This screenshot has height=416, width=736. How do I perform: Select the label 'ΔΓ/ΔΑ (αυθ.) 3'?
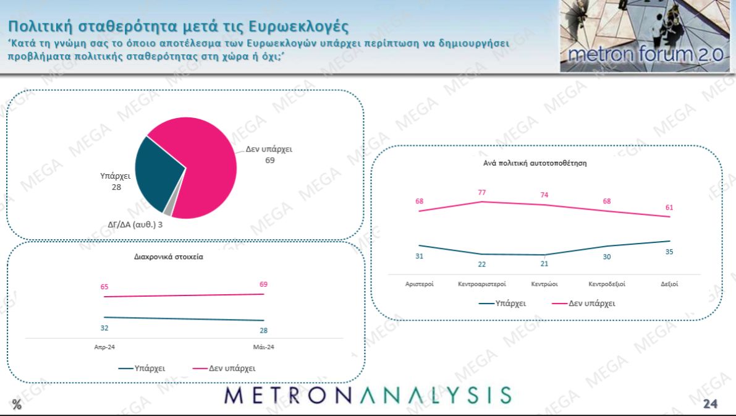pos(135,224)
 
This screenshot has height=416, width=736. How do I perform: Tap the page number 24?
pos(710,404)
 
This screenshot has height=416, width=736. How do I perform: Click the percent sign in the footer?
pos(17,405)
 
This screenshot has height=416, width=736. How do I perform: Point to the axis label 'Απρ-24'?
pos(104,347)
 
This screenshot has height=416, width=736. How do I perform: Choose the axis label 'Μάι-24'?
pos(264,347)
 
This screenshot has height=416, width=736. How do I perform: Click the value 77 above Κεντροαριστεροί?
pos(482,192)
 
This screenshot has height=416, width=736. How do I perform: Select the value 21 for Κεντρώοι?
pos(544,264)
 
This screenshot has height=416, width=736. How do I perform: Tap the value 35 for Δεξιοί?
pos(669,252)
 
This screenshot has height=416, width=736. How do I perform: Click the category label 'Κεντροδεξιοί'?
pos(607,284)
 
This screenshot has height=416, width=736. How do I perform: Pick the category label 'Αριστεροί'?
pos(419,284)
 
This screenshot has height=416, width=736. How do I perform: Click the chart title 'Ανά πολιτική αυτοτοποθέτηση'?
pos(544,164)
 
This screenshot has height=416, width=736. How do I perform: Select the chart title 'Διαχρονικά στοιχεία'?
pos(168,257)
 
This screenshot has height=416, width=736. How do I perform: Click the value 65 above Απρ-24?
pos(104,287)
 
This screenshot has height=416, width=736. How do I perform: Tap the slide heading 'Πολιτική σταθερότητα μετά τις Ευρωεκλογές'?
pos(178,27)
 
